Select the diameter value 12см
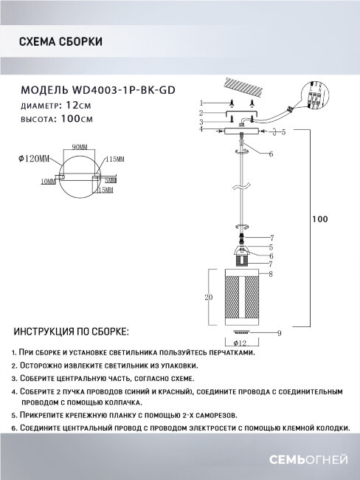pos(79,106)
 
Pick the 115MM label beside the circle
pos(114,160)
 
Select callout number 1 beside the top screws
pos(201,102)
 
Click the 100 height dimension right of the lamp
pos(319,219)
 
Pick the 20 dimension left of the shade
pos(208,298)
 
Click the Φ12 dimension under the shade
pos(239,343)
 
